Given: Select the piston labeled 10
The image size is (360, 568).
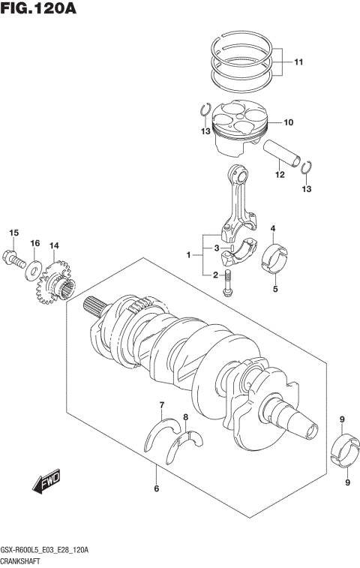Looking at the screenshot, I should pos(238,128).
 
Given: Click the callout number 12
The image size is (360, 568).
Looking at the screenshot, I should pos(280,176).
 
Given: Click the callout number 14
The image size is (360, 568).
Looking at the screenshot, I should pos(54,245).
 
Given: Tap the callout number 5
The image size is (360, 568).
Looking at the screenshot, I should pos(274,288).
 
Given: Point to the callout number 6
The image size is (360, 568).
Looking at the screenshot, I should pos(155,489).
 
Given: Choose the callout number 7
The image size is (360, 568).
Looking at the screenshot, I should pos(160,406).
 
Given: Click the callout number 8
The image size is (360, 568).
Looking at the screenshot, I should pos(185,416).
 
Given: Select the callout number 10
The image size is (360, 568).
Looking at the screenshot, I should pos(288,122).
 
